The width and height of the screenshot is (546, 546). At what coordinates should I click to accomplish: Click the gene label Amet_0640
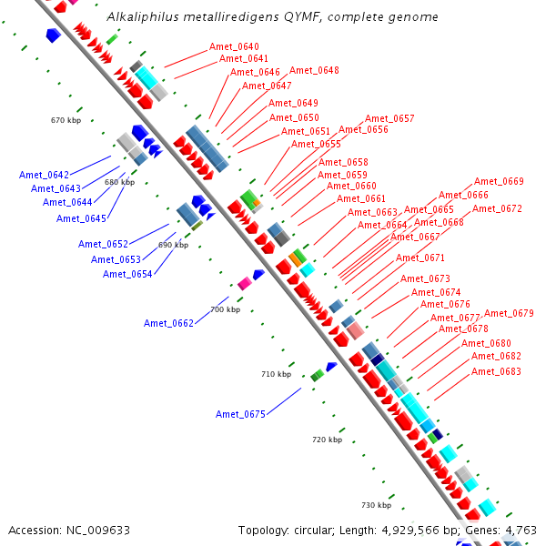pyautogui.click(x=234, y=47)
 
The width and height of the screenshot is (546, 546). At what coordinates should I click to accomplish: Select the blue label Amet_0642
pyautogui.click(x=44, y=175)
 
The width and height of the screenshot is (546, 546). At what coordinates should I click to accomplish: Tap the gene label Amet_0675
pyautogui.click(x=240, y=415)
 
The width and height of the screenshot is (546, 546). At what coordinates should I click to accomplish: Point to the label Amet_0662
pyautogui.click(x=168, y=324)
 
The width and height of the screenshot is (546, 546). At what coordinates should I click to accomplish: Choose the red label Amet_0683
pyautogui.click(x=496, y=372)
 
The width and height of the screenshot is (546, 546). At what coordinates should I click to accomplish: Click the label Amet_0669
pyautogui.click(x=499, y=182)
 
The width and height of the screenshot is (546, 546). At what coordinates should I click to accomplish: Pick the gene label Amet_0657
pyautogui.click(x=389, y=119)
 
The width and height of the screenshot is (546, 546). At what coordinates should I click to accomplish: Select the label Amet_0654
pyautogui.click(x=126, y=275)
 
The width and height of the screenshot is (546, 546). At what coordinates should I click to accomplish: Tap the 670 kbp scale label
pyautogui.click(x=66, y=120)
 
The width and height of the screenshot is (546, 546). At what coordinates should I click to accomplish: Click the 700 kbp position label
pyautogui.click(x=225, y=310)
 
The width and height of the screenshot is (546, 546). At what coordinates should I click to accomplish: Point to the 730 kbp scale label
pyautogui.click(x=376, y=505)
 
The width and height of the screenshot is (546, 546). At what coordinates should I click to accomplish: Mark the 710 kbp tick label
pyautogui.click(x=276, y=375)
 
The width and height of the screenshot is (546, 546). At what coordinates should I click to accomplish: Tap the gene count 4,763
pyautogui.click(x=521, y=530)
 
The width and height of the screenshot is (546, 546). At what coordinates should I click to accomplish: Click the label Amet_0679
pyautogui.click(x=509, y=314)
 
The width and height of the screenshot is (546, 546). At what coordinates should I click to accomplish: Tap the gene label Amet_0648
pyautogui.click(x=314, y=71)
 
